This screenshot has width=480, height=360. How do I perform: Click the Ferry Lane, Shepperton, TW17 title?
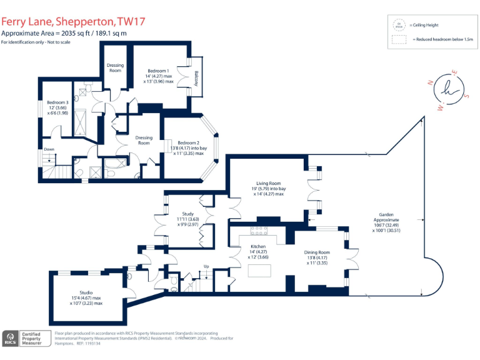tap(73, 21)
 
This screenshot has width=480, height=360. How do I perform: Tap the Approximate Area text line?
tap(64, 33)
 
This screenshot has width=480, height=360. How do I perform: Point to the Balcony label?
tap(196, 79)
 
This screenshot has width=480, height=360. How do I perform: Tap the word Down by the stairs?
tap(49, 149)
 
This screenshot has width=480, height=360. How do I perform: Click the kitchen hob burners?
tap(258, 231)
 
